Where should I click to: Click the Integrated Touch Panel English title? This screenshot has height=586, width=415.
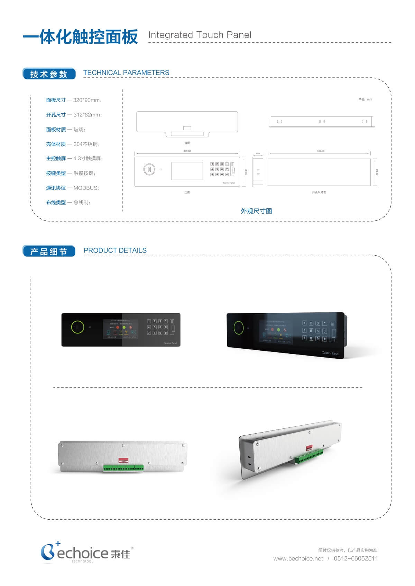click(x=200, y=35)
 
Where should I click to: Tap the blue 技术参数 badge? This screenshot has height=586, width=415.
click(x=49, y=74)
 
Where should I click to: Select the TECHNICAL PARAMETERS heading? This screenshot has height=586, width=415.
click(x=126, y=73)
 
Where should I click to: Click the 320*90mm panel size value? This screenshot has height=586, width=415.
click(x=87, y=100)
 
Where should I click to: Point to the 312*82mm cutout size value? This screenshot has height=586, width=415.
click(x=87, y=115)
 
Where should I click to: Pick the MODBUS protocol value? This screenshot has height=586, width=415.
click(x=86, y=188)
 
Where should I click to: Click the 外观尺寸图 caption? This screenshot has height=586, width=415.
click(x=256, y=211)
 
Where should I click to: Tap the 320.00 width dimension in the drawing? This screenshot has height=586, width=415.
click(x=187, y=151)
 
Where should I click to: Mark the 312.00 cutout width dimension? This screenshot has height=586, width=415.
click(x=321, y=151)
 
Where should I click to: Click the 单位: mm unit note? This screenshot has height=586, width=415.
click(x=365, y=100)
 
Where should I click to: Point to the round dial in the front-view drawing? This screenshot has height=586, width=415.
click(x=149, y=170)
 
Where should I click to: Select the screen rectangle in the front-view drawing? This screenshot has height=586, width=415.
click(x=187, y=171)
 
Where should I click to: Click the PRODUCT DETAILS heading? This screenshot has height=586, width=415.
click(x=115, y=250)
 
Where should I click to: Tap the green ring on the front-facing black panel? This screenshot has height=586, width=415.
click(x=78, y=327)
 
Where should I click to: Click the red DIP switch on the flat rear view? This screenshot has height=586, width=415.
click(x=123, y=460)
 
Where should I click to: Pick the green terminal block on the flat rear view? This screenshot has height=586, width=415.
click(x=123, y=468)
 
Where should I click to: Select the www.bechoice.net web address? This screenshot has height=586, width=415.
click(x=298, y=558)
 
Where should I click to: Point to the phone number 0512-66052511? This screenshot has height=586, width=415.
click(x=356, y=558)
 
